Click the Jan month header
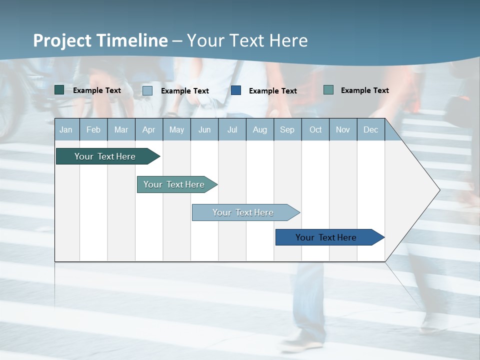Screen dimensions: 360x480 66,129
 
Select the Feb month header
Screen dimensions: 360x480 93,129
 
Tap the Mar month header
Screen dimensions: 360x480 121,129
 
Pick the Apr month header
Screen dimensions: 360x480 149,129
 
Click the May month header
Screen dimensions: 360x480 176,129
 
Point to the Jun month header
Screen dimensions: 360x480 204,129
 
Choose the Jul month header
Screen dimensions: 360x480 232,129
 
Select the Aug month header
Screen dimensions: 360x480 260,129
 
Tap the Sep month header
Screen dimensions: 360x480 287,129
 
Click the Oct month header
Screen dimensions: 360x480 315,129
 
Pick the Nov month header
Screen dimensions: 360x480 343,129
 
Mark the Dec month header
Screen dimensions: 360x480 371,129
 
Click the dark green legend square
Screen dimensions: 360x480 59,90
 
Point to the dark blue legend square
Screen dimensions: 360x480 236,90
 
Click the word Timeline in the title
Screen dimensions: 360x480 133,40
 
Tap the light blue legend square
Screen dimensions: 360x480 147,90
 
